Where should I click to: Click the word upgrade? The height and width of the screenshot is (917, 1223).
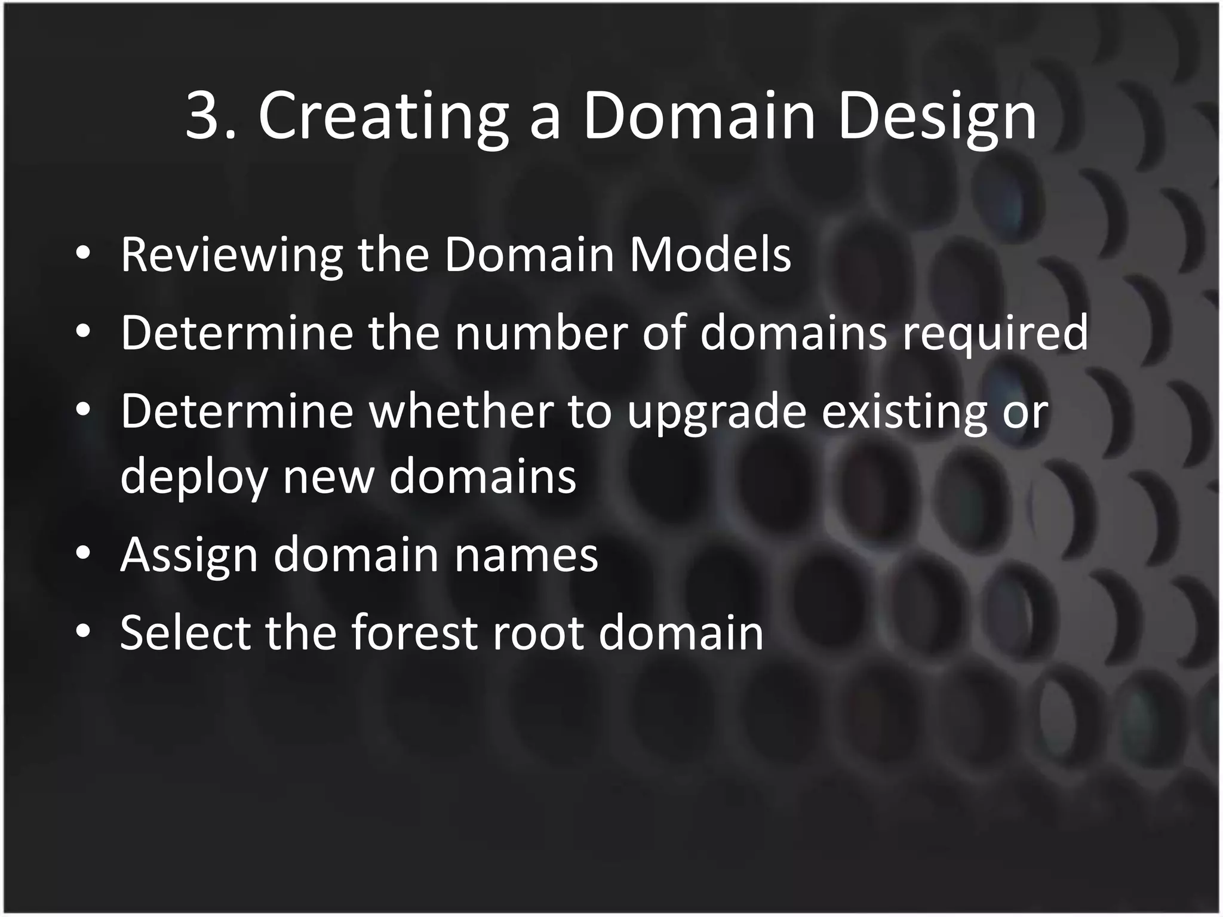coord(717,414)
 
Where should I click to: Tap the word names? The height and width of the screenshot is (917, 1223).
coord(526,556)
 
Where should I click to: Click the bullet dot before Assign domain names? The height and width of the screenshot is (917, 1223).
coord(83,554)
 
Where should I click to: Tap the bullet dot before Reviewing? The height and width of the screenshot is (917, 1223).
coord(83,253)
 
